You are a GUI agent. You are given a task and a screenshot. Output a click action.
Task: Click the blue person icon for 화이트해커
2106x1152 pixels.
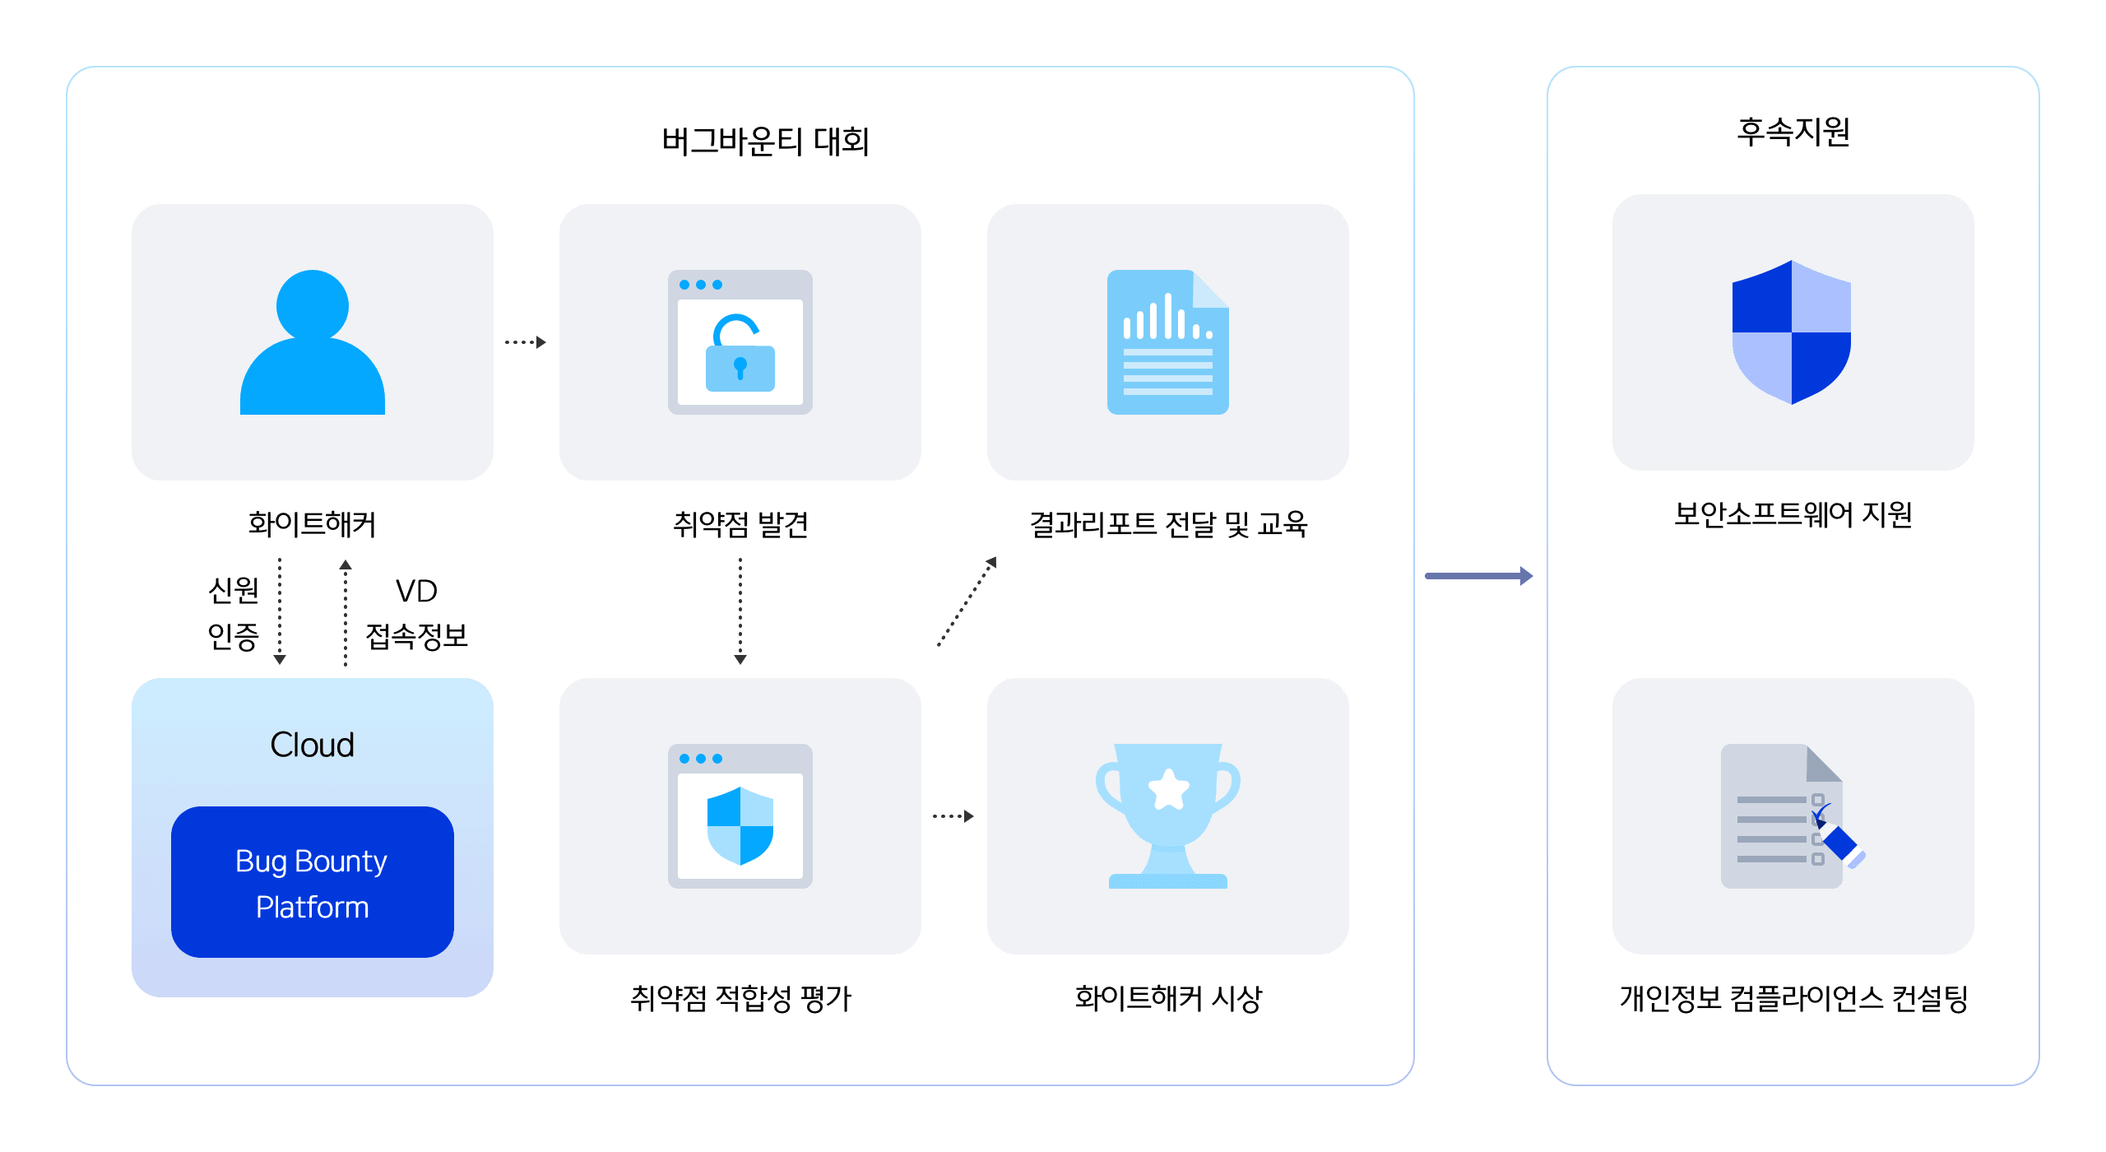[x=313, y=342]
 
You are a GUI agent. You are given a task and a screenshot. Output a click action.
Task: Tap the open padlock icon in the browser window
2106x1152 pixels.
[x=740, y=354]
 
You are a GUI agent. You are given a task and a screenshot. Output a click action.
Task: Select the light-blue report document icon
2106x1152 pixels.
[x=1168, y=342]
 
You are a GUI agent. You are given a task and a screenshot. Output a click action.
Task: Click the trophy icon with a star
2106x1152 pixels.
[x=1168, y=815]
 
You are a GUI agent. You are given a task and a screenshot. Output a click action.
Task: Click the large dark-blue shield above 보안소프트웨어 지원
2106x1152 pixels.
[x=1792, y=332]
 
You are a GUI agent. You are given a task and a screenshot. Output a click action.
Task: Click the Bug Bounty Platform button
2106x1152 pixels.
[x=313, y=882]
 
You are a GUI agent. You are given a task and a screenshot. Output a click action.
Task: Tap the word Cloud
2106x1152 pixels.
[x=313, y=745]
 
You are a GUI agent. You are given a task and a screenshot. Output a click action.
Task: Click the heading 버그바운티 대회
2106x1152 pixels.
[x=765, y=142]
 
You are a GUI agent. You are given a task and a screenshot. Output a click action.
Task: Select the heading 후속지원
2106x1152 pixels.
[x=1793, y=132]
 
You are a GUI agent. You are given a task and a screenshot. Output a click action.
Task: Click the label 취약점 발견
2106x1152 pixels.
[x=740, y=524]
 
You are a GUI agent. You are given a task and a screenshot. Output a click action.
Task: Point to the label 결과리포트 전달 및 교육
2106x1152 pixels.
[x=1168, y=524]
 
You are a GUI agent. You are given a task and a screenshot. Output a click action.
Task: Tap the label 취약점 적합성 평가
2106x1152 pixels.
[x=740, y=998]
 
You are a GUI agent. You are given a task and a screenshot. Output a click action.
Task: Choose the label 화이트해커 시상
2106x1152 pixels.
[x=1168, y=998]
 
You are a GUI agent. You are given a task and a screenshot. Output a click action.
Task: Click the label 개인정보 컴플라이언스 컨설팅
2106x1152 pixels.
[x=1793, y=998]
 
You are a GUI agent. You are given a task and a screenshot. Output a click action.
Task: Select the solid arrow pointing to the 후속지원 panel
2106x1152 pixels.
[x=1479, y=576]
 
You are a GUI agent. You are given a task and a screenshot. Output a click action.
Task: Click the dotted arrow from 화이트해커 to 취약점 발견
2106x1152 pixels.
[x=526, y=342]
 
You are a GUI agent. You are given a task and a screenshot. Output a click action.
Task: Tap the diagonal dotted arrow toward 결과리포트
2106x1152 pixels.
[x=967, y=602]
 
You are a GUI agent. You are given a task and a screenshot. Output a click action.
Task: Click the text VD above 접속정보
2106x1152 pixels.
[x=416, y=591]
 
